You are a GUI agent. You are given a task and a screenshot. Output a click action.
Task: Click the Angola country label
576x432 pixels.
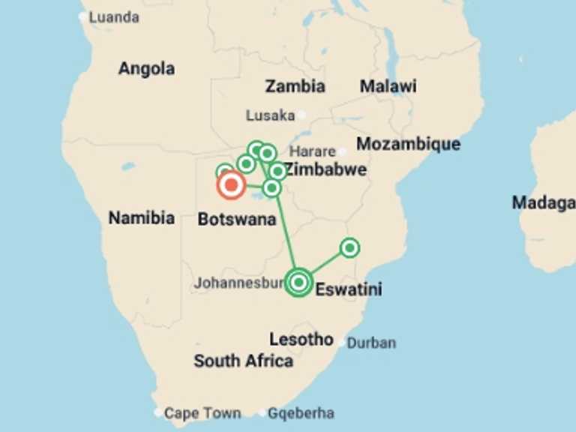click(x=146, y=69)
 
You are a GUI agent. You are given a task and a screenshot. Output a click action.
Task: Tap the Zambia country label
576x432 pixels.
click(x=295, y=86)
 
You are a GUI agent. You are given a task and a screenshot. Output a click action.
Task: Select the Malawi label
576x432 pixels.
click(x=388, y=86)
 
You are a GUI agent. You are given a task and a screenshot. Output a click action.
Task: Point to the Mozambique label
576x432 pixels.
click(x=408, y=144)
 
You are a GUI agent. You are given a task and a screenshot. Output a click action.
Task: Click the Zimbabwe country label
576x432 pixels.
click(x=326, y=169)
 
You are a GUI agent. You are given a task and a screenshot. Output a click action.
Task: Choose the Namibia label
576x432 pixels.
click(x=142, y=218)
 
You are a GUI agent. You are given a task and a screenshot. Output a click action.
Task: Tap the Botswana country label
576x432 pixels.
click(x=236, y=220)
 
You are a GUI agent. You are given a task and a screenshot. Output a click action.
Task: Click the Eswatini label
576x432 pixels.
click(x=349, y=289)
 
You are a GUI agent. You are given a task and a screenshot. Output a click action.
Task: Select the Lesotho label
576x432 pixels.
click(x=301, y=340)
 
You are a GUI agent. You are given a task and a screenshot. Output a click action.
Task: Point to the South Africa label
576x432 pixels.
click(x=243, y=361)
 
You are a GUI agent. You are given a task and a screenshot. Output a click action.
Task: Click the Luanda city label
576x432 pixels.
click(x=114, y=16)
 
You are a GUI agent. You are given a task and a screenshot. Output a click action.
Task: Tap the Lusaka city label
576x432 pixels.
click(x=270, y=115)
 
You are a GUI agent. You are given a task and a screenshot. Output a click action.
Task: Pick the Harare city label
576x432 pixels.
click(x=313, y=151)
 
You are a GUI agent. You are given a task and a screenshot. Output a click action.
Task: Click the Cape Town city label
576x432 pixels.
click(x=202, y=413)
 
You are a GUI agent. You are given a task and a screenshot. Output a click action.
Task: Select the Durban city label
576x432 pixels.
click(x=371, y=343)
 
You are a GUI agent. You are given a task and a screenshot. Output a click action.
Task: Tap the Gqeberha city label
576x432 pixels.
click(x=301, y=413)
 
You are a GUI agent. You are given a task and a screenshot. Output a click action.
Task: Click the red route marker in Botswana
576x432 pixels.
click(x=231, y=184)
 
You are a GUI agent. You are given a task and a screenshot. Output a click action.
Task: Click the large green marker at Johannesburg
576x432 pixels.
click(x=298, y=282)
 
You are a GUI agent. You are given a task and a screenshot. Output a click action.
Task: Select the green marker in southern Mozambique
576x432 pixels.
click(x=349, y=247)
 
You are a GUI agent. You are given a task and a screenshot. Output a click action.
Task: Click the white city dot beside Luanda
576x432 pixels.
click(x=82, y=16)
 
